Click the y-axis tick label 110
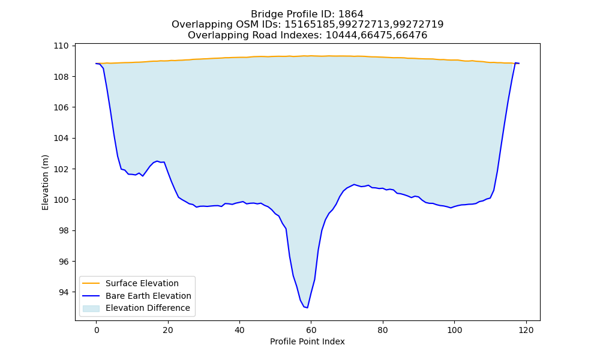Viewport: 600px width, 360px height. click(x=61, y=46)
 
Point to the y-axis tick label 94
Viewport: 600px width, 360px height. click(x=64, y=292)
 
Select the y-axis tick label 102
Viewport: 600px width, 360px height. click(x=61, y=169)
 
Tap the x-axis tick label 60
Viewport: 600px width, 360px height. click(x=311, y=330)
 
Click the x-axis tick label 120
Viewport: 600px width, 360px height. click(x=526, y=330)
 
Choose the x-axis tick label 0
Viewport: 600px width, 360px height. click(x=97, y=330)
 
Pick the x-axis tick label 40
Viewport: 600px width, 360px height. click(x=239, y=330)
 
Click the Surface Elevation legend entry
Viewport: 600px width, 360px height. click(x=142, y=283)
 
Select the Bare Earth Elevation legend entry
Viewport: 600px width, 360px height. click(x=148, y=296)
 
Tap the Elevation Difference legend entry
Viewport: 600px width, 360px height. click(x=148, y=308)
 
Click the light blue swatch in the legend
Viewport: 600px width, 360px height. click(x=91, y=308)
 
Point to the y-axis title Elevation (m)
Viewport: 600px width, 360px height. click(x=45, y=182)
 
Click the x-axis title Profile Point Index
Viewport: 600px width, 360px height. click(x=307, y=341)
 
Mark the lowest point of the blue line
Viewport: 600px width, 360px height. click(x=307, y=308)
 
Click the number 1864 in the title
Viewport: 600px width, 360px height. click(x=351, y=14)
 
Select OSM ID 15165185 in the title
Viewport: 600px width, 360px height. click(x=311, y=25)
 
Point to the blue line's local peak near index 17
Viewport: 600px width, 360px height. click(x=157, y=161)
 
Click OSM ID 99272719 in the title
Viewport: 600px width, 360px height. click(x=419, y=25)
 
